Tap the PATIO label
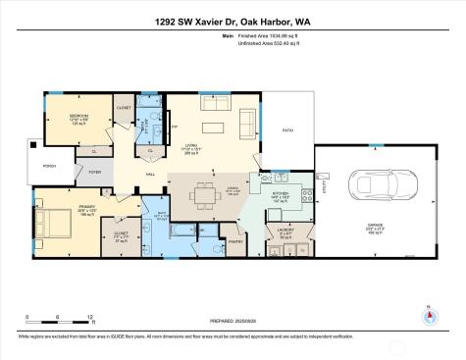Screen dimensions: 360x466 (287, 129)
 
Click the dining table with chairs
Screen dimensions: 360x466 (204, 194)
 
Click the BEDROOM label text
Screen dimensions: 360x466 (78, 115)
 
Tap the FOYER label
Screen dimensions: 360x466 (95, 172)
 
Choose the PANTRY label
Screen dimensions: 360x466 (234, 239)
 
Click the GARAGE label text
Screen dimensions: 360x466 (376, 226)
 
